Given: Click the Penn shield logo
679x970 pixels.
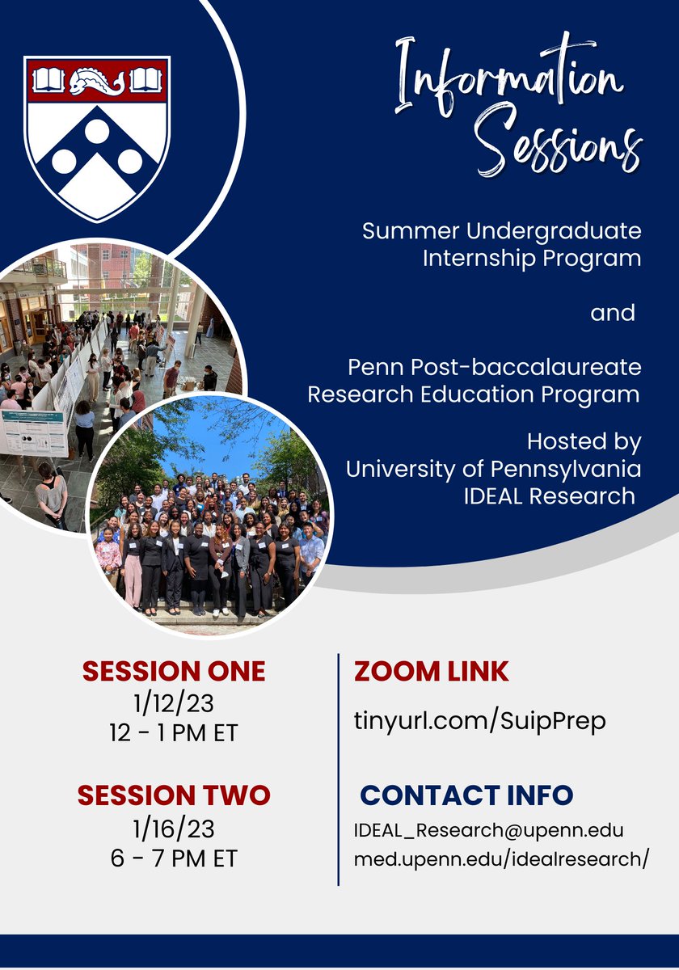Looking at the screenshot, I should (x=97, y=137).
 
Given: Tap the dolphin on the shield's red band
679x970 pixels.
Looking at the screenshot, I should (x=97, y=81).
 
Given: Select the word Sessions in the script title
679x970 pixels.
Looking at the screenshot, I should (x=558, y=145).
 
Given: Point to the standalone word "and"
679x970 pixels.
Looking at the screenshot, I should (x=613, y=313).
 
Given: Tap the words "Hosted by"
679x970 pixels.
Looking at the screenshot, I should (x=584, y=442).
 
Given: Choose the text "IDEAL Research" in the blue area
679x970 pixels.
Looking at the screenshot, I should (x=550, y=496).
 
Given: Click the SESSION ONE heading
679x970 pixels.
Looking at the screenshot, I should (x=174, y=671).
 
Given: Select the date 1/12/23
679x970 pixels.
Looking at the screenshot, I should (x=174, y=704).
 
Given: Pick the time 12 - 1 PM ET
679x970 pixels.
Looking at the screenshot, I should (x=174, y=733).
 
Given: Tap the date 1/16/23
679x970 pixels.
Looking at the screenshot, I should (x=174, y=829).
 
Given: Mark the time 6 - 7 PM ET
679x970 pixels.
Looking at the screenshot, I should (x=174, y=858).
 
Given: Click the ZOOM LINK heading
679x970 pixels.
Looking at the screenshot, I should (x=432, y=671).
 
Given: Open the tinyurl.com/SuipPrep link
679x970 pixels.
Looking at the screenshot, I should (x=480, y=720).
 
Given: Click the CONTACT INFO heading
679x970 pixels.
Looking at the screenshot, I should (x=466, y=795).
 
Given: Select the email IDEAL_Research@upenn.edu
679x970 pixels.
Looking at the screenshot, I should (x=489, y=831).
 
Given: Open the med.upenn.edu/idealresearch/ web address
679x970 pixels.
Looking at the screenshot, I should (x=501, y=859).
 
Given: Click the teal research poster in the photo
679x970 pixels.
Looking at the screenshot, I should (x=32, y=432).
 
